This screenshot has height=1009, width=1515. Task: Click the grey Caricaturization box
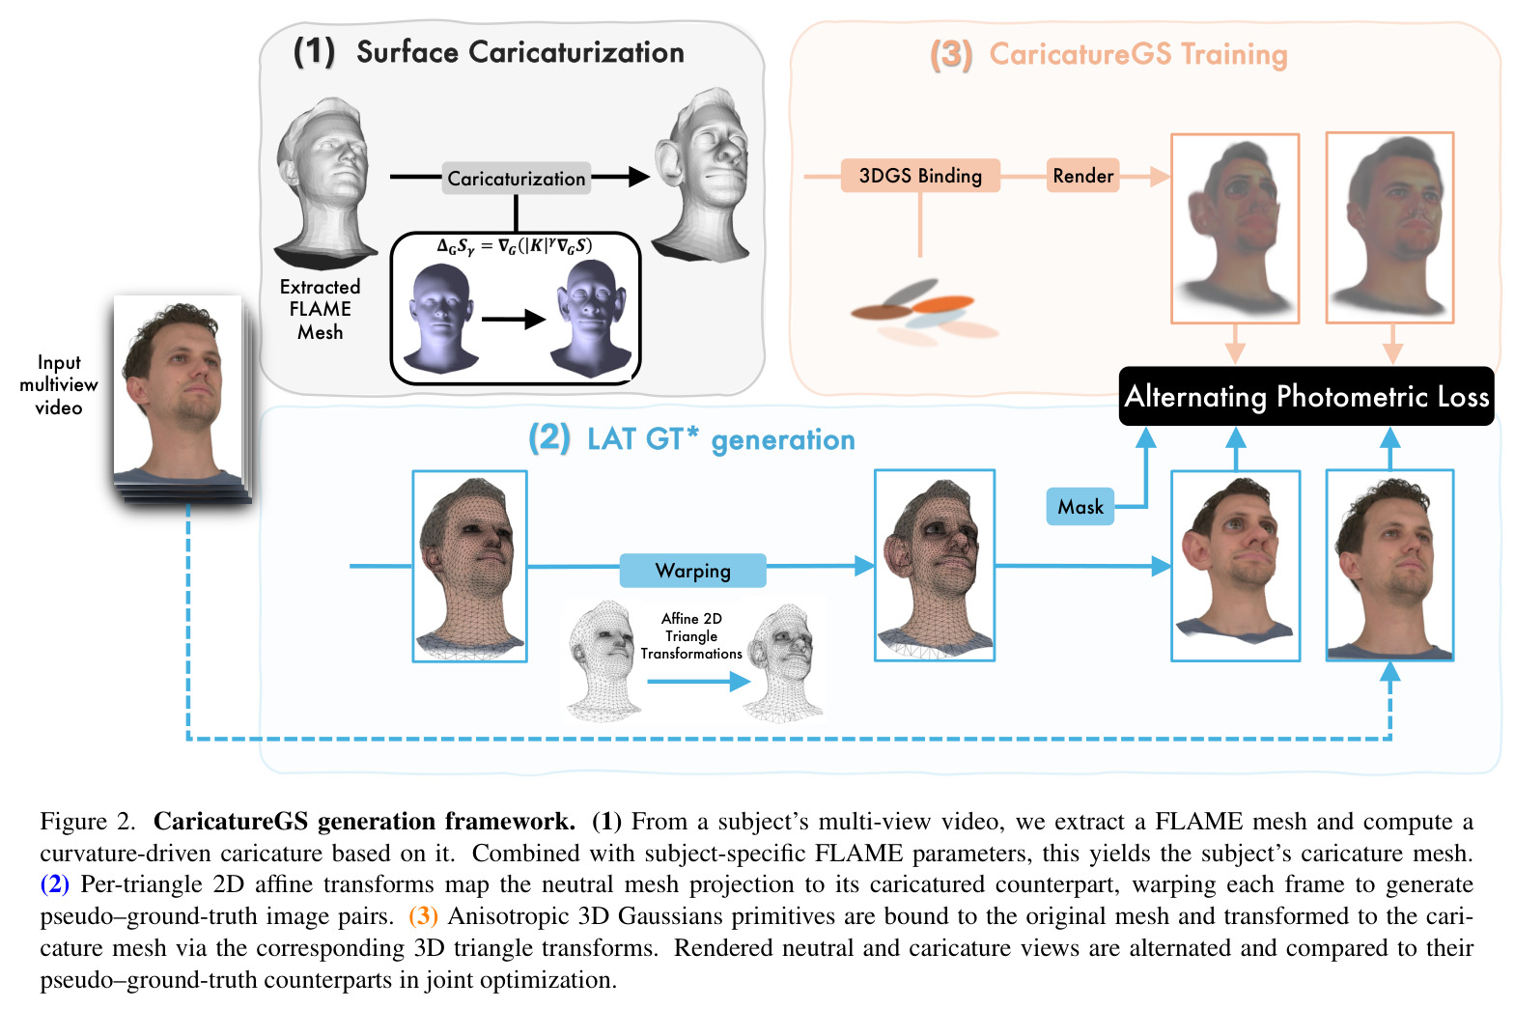click(516, 178)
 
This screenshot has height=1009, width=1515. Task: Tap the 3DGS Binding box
click(920, 176)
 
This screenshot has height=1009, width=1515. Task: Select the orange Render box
click(1082, 176)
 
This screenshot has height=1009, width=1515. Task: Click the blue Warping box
click(692, 570)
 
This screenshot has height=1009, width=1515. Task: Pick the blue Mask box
click(1080, 507)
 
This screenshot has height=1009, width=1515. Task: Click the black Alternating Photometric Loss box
click(1306, 396)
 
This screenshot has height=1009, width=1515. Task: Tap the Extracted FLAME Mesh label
click(320, 309)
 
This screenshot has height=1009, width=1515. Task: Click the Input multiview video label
click(59, 385)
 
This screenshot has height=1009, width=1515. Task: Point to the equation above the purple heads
click(514, 246)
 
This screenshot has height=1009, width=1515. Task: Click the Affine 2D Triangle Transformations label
click(691, 635)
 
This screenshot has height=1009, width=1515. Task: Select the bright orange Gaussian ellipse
click(942, 303)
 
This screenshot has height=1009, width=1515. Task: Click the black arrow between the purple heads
click(514, 319)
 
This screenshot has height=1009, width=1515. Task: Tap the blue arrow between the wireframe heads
click(699, 681)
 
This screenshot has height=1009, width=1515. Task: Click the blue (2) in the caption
click(55, 883)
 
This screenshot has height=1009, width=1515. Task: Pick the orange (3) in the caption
click(423, 915)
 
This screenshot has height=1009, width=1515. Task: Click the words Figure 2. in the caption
click(88, 821)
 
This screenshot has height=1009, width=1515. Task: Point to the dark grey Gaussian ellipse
click(911, 293)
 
